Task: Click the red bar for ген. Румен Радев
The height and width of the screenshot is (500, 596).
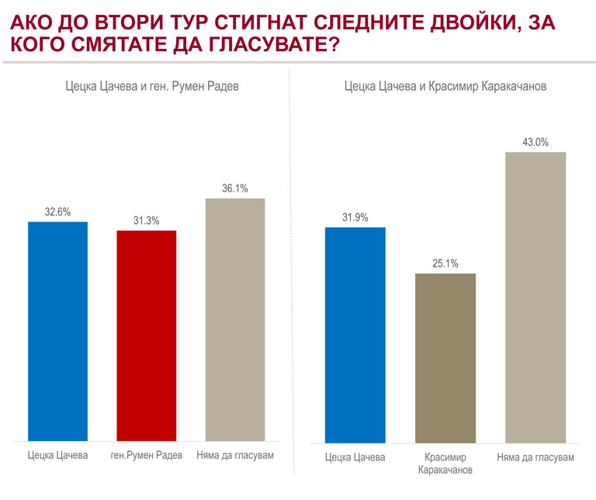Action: pos(146,336)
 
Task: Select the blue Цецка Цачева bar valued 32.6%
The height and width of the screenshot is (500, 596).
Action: pos(57,331)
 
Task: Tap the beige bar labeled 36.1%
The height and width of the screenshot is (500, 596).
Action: pos(235,319)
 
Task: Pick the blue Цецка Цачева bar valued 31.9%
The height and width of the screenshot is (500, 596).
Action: pos(355,335)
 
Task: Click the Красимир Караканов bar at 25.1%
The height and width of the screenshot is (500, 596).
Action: pos(445,357)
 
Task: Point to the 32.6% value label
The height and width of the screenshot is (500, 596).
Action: pos(57,212)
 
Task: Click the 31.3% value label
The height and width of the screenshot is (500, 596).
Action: pos(146,221)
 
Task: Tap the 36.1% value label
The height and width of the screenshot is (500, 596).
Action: pos(235,188)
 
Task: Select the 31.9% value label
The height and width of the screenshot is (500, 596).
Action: pos(355,217)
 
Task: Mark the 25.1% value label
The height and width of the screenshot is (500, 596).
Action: pos(445,264)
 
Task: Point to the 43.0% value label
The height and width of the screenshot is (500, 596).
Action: pos(535,142)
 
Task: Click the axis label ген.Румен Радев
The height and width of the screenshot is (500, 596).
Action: pos(147,455)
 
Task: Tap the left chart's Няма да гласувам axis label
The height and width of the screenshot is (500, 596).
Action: pos(235,455)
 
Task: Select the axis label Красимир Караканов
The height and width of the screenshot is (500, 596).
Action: pos(445,464)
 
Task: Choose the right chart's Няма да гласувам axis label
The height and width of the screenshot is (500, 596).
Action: pos(535,457)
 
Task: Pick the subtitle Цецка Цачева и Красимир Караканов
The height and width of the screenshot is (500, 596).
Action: pos(445,87)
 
